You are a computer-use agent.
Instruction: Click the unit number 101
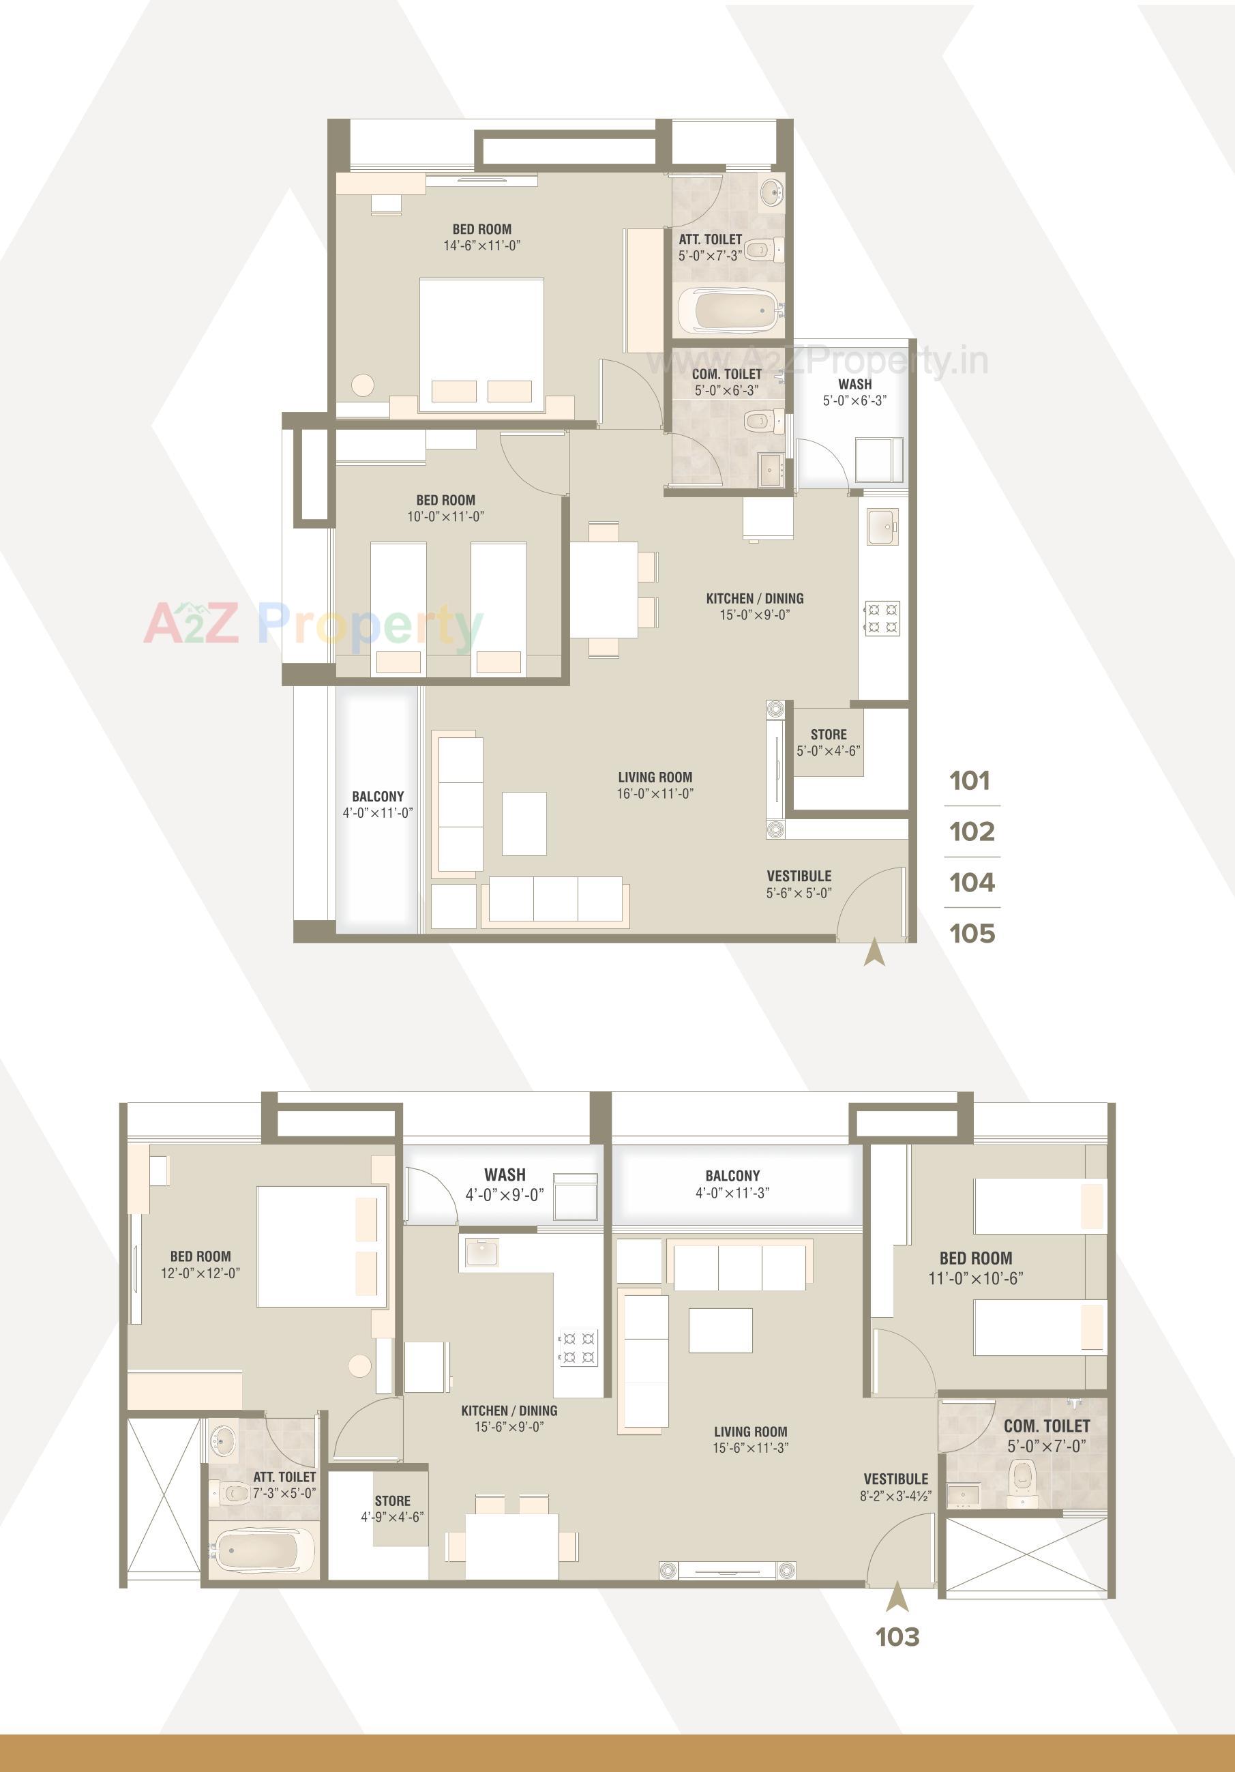tap(970, 780)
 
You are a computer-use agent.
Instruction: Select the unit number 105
tap(972, 933)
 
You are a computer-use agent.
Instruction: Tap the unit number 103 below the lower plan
tap(897, 1636)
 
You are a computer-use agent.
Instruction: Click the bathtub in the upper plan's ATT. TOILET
tap(730, 310)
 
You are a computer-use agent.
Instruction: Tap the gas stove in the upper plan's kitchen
tap(882, 618)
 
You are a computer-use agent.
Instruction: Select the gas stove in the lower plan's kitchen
tap(578, 1347)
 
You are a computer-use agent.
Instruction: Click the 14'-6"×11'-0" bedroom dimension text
tap(481, 246)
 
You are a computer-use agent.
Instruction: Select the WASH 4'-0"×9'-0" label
tap(505, 1185)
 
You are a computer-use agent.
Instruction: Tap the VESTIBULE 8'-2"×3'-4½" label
tap(895, 1486)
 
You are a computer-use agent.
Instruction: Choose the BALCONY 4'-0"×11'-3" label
tap(732, 1184)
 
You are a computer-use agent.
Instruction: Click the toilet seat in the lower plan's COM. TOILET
tap(1022, 1475)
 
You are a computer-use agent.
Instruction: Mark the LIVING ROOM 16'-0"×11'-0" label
tap(655, 785)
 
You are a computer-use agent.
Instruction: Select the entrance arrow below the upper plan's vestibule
tap(874, 952)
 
